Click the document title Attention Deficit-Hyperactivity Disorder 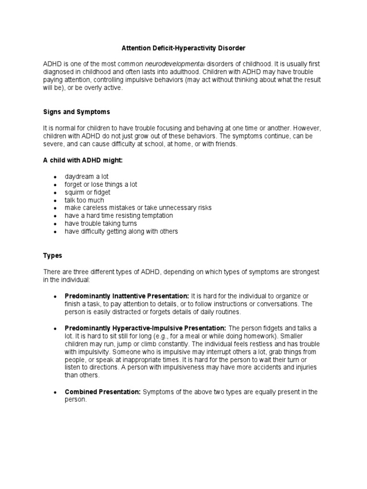tap(183, 48)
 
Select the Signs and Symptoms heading tap(76, 112)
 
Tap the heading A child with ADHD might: tap(83, 160)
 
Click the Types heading tap(53, 256)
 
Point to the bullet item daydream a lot tap(86, 177)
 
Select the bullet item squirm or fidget tap(87, 192)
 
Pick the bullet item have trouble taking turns tap(101, 223)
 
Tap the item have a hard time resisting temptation tap(119, 215)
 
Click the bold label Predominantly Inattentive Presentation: tap(127, 296)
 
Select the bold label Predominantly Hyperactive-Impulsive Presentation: tap(145, 329)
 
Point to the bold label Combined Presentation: tap(102, 392)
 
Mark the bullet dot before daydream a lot tap(55, 177)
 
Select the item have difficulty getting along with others tap(121, 231)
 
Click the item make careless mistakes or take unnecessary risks tap(138, 208)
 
